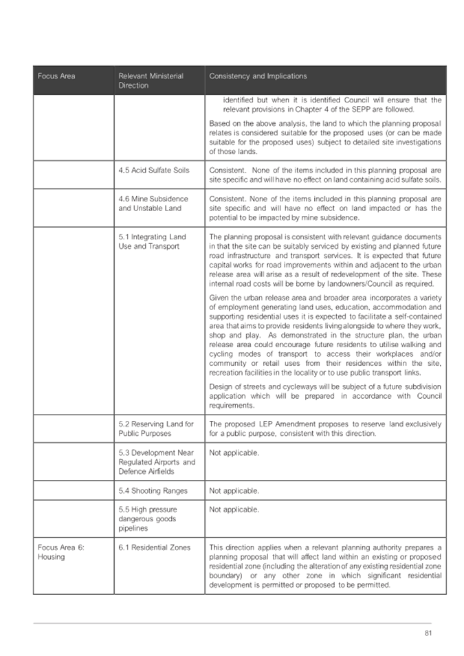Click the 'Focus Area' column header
click(x=56, y=76)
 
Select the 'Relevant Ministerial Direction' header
click(x=151, y=80)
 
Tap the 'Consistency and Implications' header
click(x=258, y=76)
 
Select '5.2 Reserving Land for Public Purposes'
click(x=156, y=428)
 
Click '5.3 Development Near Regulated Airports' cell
click(x=157, y=462)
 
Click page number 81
click(x=429, y=633)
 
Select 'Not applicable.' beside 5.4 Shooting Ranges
click(x=234, y=491)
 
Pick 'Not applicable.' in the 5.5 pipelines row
click(x=234, y=510)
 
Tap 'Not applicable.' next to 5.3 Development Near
click(x=234, y=453)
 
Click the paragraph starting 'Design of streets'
click(x=325, y=395)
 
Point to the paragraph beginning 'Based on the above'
click(x=325, y=137)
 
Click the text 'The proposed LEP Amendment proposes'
click(x=325, y=428)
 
